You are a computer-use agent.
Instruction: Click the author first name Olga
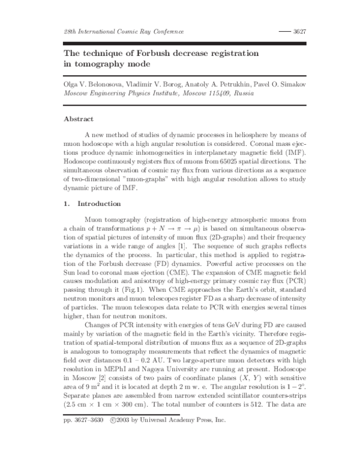pos(71,86)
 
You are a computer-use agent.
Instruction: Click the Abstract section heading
pos(79,119)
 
